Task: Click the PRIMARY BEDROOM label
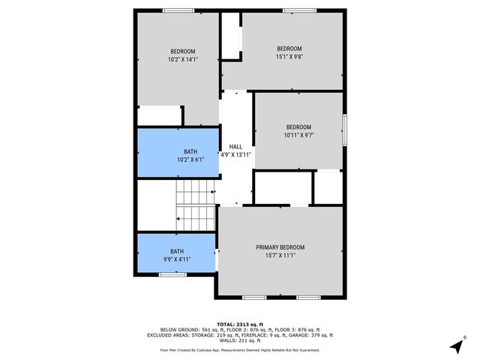coord(280,247)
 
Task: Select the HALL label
coord(235,146)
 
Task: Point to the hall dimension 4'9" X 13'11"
coord(235,154)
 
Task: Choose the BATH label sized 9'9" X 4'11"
coord(176,251)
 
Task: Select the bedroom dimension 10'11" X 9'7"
coord(298,136)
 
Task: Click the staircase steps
coord(196,208)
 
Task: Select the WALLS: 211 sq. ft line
coord(239,341)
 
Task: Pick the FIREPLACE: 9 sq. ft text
coord(260,335)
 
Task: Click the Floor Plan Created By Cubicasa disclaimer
coord(239,350)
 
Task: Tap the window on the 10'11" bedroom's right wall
coord(345,130)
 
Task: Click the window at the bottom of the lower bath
coord(172,274)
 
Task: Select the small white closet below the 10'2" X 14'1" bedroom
coord(160,115)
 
